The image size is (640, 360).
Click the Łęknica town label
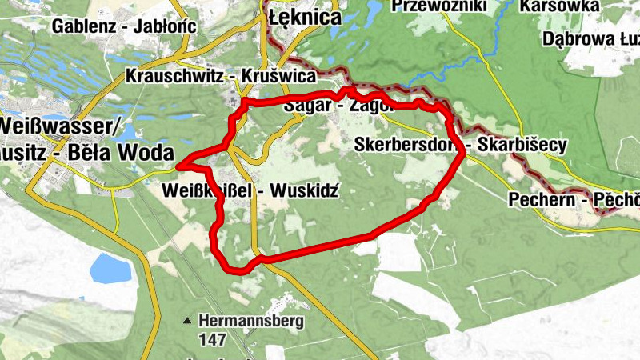[305, 17]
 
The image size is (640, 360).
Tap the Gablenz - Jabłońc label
[124, 26]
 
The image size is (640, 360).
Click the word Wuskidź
[306, 191]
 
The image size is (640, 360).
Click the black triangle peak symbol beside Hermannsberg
[187, 322]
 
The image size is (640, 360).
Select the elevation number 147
[213, 339]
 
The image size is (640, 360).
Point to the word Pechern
[541, 199]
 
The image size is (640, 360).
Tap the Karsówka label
[559, 6]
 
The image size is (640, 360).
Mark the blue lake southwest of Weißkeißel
[110, 268]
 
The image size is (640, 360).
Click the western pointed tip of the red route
[177, 166]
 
